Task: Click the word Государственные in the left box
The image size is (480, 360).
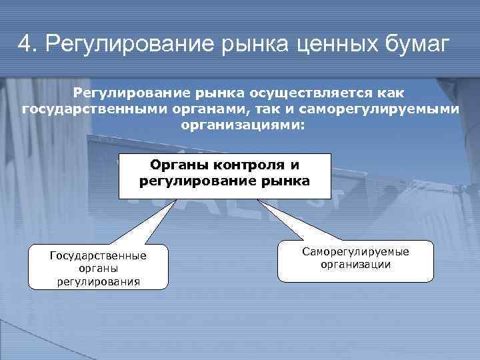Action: click(x=98, y=255)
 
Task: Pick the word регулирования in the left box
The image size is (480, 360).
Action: click(x=98, y=281)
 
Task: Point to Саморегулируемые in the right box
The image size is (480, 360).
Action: click(x=355, y=252)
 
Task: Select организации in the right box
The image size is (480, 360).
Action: click(x=355, y=264)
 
